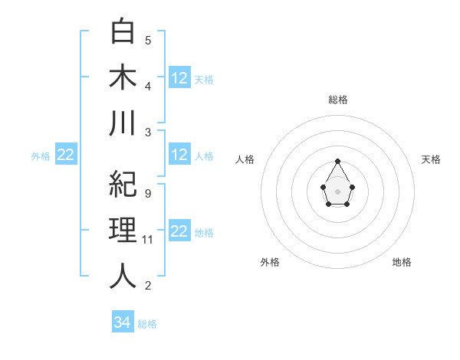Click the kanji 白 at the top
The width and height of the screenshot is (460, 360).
pyautogui.click(x=123, y=32)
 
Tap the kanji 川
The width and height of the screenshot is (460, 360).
pyautogui.click(x=123, y=123)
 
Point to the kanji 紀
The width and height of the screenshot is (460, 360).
pyautogui.click(x=123, y=185)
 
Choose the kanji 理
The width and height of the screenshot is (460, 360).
pyautogui.click(x=123, y=231)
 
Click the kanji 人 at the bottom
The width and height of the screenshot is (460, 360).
pyautogui.click(x=123, y=277)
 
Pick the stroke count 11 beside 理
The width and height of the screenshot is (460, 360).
pyautogui.click(x=149, y=240)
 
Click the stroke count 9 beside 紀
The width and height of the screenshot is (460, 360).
pyautogui.click(x=147, y=194)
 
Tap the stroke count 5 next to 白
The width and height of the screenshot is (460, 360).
pyautogui.click(x=147, y=41)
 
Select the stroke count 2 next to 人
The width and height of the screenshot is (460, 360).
pyautogui.click(x=147, y=286)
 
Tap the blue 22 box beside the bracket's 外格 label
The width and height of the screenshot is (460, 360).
pyautogui.click(x=66, y=155)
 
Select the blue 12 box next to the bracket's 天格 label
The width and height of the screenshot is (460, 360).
pyautogui.click(x=179, y=77)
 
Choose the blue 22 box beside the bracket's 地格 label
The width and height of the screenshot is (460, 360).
pyautogui.click(x=179, y=231)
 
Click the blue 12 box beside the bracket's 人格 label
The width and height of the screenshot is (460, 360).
pyautogui.click(x=179, y=155)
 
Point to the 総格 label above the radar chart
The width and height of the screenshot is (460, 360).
pyautogui.click(x=337, y=100)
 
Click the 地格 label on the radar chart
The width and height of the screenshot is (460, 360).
pyautogui.click(x=402, y=262)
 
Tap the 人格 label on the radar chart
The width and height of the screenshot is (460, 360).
pyautogui.click(x=245, y=159)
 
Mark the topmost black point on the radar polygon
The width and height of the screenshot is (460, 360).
pyautogui.click(x=337, y=162)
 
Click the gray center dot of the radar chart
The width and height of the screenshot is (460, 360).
pyautogui.click(x=337, y=191)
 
